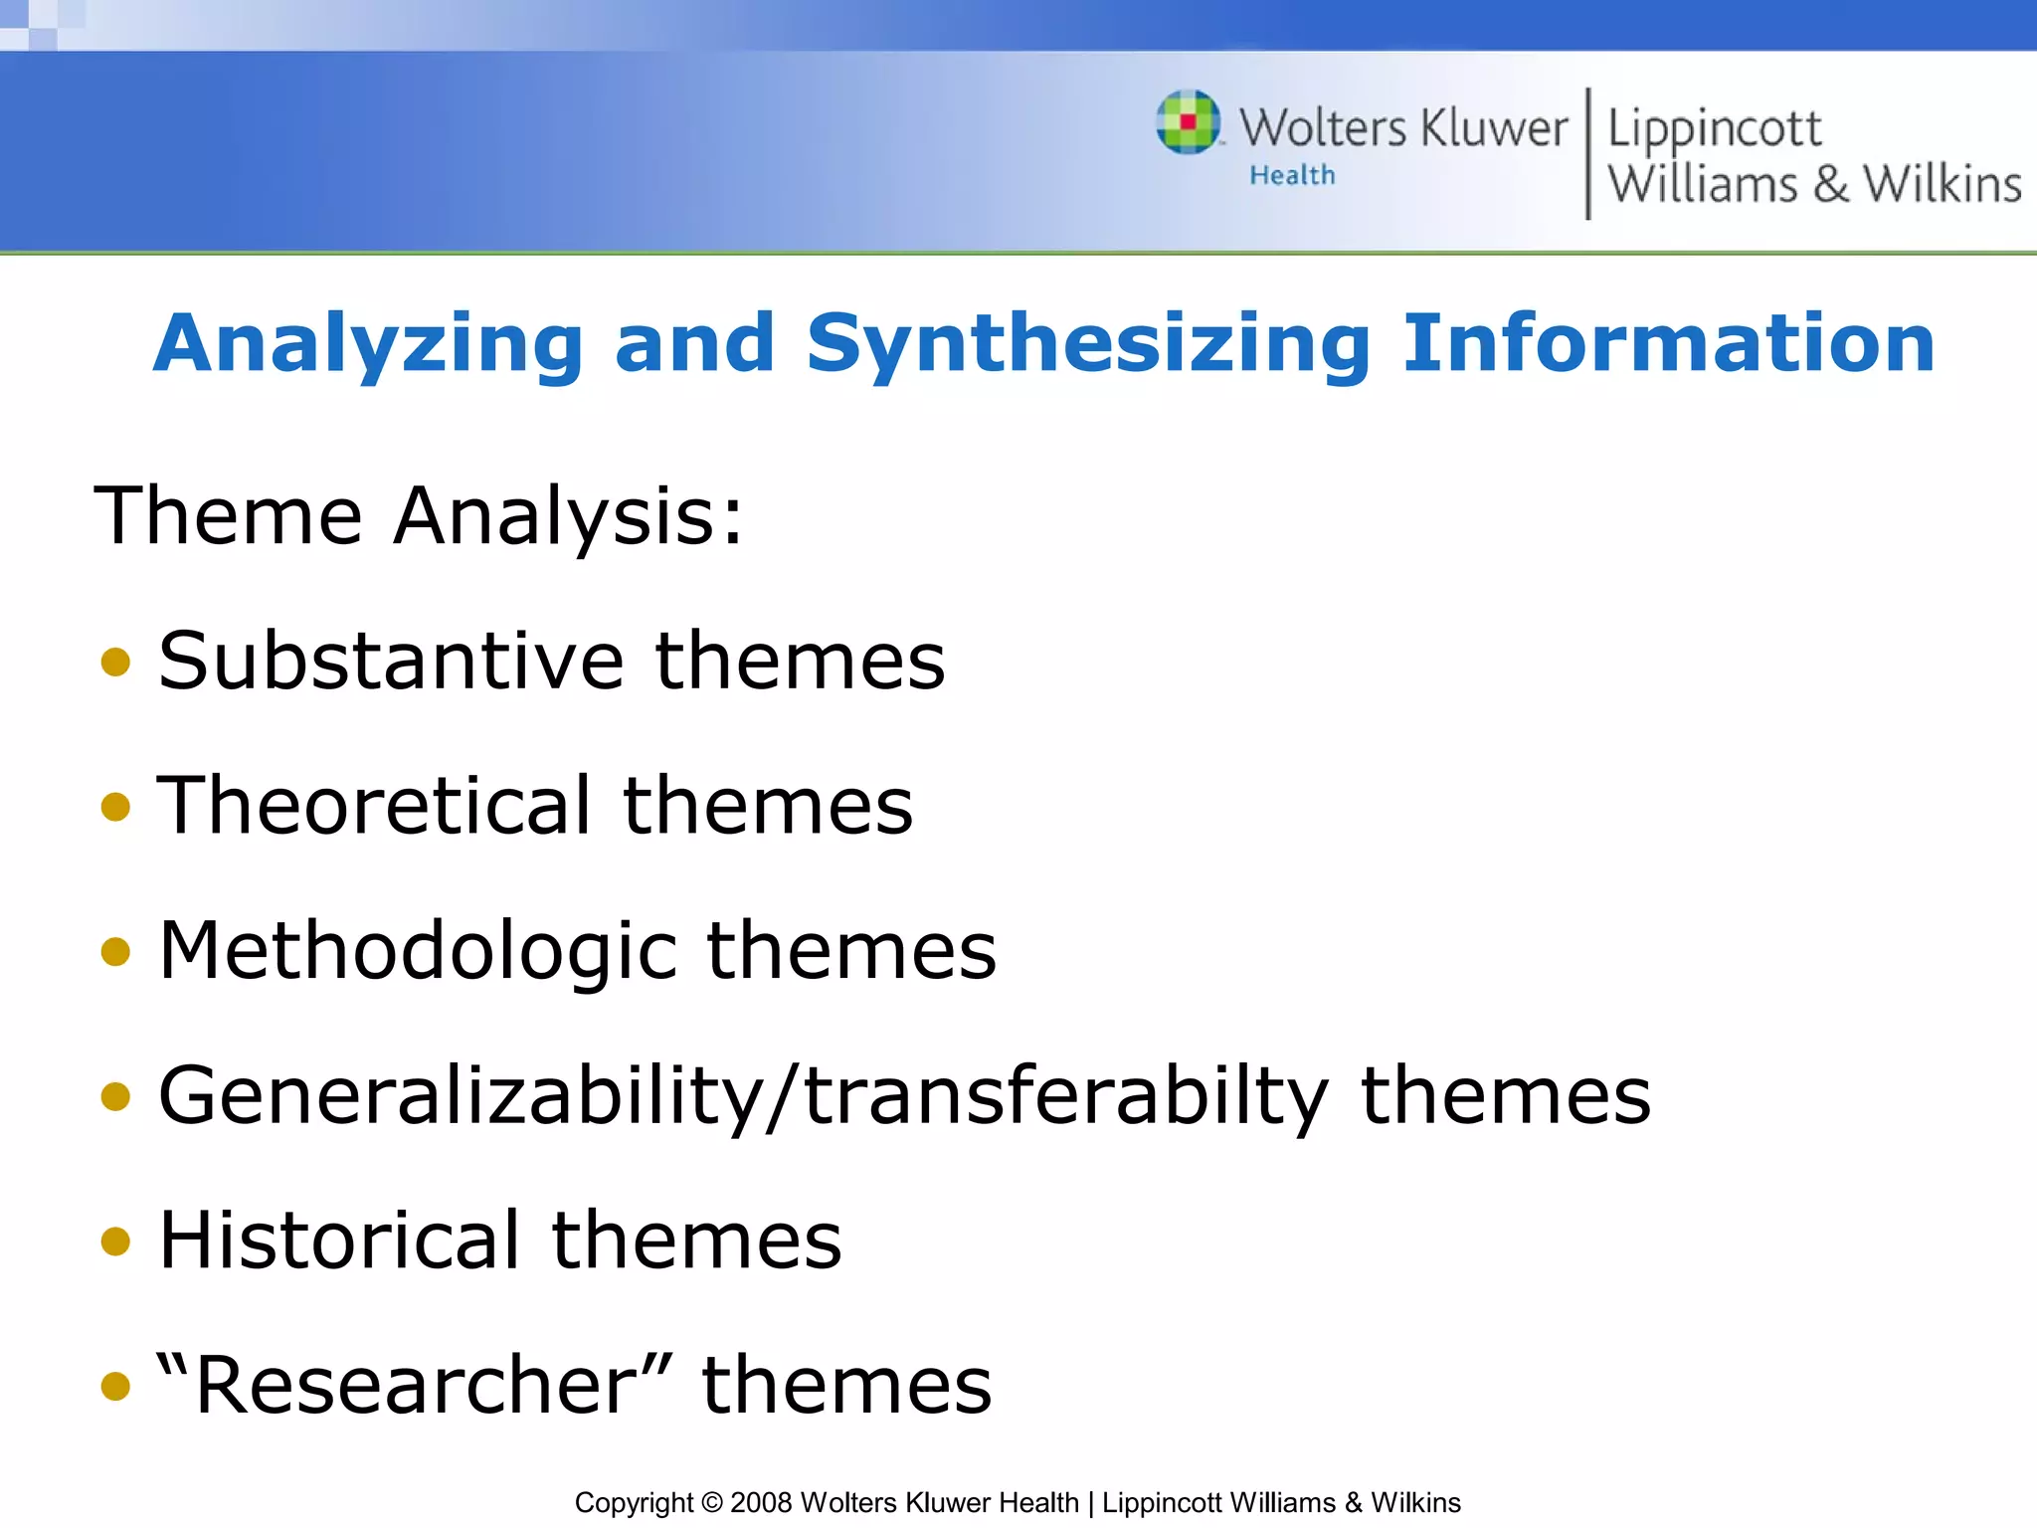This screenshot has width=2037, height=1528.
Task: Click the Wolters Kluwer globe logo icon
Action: [1188, 122]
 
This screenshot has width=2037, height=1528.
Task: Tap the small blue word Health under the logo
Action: [1292, 176]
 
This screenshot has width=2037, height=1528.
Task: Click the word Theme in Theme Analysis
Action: [228, 515]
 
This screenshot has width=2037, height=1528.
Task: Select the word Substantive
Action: [391, 661]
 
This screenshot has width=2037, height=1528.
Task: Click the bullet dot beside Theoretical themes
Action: [116, 806]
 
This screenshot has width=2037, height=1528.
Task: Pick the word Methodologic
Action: [416, 951]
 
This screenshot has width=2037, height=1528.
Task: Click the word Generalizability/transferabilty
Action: [743, 1096]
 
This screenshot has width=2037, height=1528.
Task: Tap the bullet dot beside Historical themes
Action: [116, 1241]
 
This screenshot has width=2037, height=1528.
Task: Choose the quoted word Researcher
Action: [415, 1384]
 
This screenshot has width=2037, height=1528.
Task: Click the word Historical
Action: [339, 1241]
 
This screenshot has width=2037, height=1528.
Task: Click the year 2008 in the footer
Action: [761, 1502]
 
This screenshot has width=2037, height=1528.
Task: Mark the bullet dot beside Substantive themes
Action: [116, 662]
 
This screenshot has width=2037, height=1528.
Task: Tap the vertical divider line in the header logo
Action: [1587, 153]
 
